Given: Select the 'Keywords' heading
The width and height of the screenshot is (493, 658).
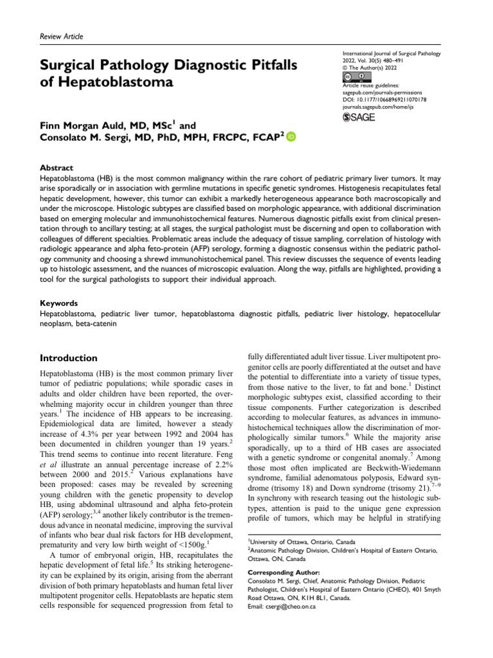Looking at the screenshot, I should tap(59, 302).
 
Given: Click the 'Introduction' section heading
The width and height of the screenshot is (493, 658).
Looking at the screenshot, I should tap(69, 358).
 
